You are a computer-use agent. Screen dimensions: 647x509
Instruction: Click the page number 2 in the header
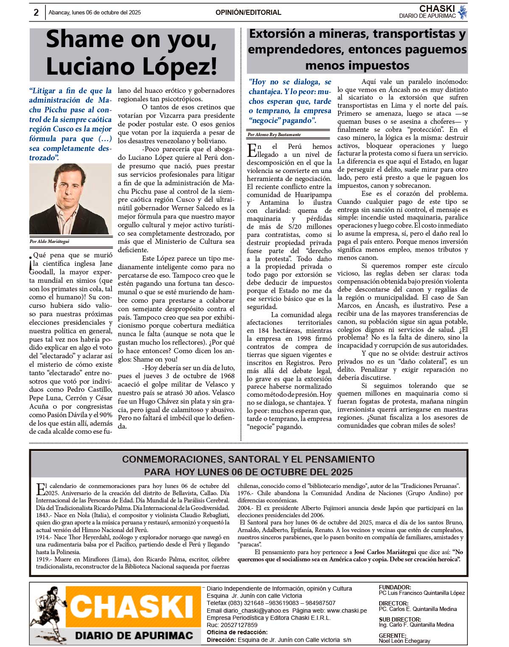coord(36,13)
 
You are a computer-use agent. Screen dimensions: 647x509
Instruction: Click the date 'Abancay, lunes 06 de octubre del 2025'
coord(95,13)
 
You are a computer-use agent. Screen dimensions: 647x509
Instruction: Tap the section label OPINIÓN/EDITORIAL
coord(248,13)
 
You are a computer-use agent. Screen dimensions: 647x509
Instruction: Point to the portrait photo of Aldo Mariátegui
coord(70,199)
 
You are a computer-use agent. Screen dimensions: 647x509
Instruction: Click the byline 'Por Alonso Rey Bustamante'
coord(275,135)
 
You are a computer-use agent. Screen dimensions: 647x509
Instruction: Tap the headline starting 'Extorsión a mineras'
coord(357,49)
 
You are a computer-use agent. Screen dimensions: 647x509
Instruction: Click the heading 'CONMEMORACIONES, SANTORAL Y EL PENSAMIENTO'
coord(248,459)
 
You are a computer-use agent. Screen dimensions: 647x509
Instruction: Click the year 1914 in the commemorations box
coord(43,537)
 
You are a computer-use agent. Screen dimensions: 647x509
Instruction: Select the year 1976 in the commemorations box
coord(245,493)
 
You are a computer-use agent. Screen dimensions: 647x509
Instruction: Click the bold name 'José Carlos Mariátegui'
coord(385,552)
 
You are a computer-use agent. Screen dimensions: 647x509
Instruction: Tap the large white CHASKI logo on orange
coord(133,607)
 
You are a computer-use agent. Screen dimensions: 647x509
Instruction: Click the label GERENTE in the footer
coord(392,636)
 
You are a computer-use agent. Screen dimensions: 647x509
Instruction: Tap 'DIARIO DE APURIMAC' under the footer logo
coord(134,635)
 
